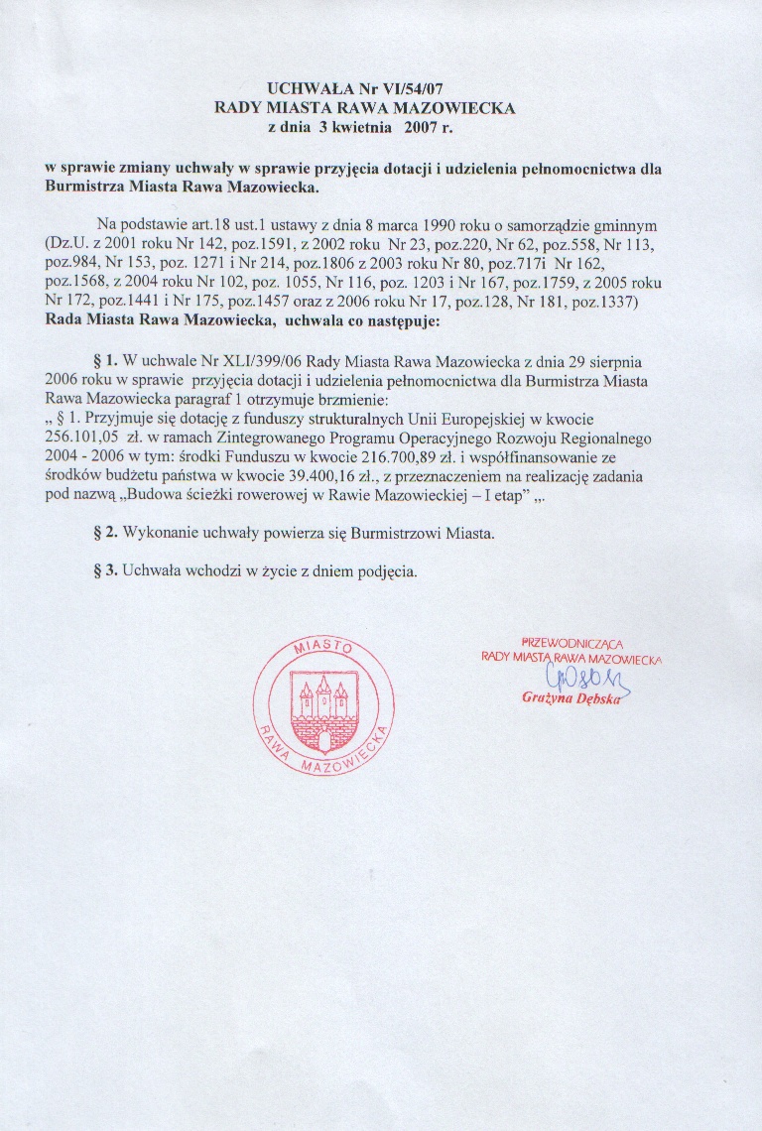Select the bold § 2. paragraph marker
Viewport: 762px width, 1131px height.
105,534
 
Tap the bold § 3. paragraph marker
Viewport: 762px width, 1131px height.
105,572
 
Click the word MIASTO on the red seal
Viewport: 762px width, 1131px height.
324,648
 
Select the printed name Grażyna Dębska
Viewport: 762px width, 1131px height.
571,698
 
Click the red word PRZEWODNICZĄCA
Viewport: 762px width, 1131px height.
571,643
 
